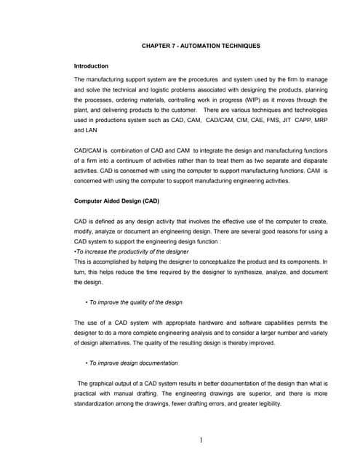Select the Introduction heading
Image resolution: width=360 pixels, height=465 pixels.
click(x=92, y=66)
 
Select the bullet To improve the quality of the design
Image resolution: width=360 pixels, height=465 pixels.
click(x=135, y=302)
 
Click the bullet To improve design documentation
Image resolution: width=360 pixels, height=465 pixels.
click(x=132, y=363)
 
